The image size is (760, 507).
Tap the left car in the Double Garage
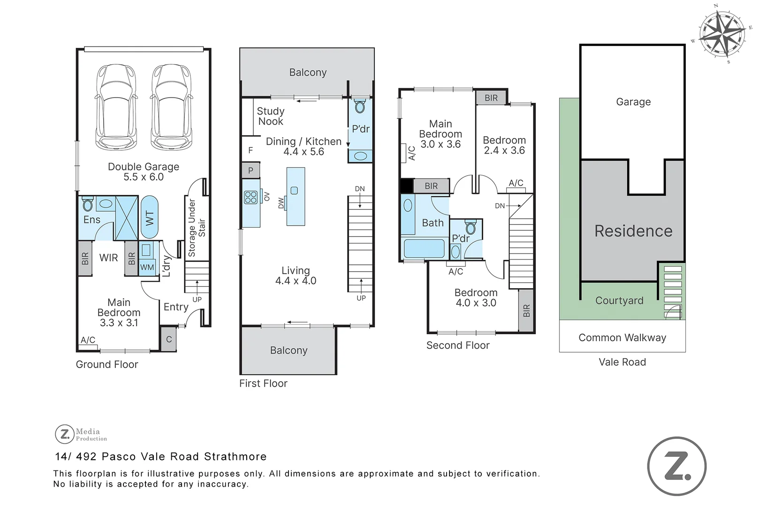pos(117,107)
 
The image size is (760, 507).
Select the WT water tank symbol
pos(150,218)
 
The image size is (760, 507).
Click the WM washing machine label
pos(147,267)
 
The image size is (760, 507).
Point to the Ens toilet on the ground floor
pos(88,205)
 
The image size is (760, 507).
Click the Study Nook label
pos(271,116)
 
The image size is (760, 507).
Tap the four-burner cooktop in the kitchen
pos(251,197)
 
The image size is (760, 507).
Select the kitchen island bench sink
pos(294,190)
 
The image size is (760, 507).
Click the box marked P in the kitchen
pos(251,170)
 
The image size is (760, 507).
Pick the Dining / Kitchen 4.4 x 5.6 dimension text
pos(304,152)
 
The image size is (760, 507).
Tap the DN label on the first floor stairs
pos(360,189)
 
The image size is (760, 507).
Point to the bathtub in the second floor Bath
pos(424,248)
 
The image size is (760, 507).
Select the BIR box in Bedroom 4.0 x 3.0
pos(526,310)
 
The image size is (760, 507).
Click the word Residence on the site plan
pos(633,231)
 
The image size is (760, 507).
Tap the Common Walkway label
pos(622,338)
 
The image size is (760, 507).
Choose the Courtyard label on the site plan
pos(619,300)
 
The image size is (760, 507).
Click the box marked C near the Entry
pos(169,339)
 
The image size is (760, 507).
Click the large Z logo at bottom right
pos(677,466)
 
